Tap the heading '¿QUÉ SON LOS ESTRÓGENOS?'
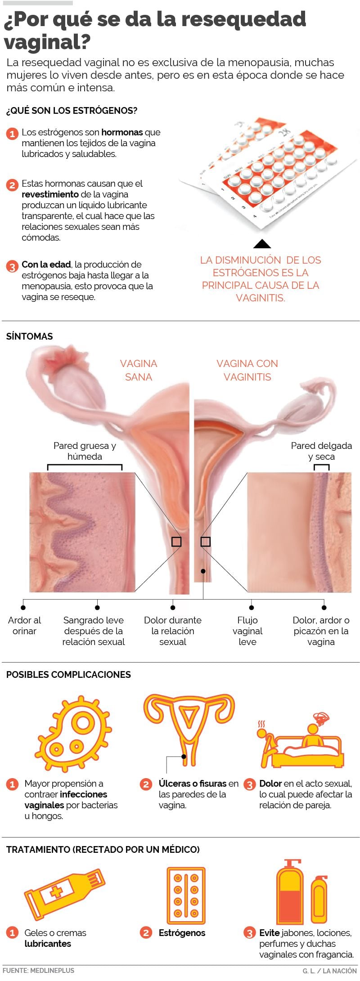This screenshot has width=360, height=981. tap(72, 111)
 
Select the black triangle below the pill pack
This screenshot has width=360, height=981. tap(262, 244)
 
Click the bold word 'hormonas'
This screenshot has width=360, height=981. tap(122, 132)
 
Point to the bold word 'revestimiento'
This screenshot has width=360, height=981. tap(50, 194)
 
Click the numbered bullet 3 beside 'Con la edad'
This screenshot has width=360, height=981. tap(12, 266)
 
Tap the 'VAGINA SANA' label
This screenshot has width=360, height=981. tap(138, 370)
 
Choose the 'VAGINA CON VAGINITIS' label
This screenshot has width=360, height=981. tap(247, 370)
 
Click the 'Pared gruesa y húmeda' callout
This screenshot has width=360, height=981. tap(85, 451)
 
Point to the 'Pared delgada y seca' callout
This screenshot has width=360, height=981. tap(321, 451)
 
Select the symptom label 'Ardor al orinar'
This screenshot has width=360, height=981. tap(24, 625)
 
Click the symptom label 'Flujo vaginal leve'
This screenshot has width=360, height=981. tap(247, 631)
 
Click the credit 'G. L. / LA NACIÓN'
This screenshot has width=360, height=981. tap(329, 971)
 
